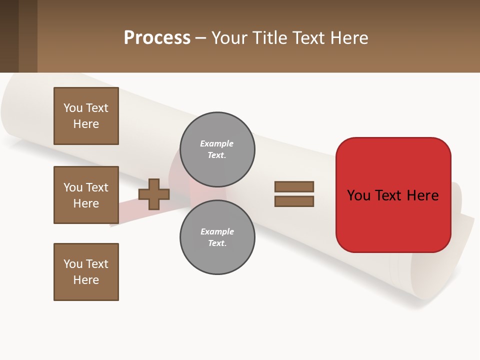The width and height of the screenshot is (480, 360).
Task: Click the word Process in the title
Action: [x=157, y=37]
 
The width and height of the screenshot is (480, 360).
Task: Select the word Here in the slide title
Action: [x=348, y=37]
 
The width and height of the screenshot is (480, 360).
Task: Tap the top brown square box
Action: [x=86, y=116]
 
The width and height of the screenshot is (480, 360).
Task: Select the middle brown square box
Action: [x=86, y=195]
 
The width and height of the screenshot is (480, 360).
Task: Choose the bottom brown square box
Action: [x=86, y=272]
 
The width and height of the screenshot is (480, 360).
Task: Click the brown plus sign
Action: [x=154, y=194]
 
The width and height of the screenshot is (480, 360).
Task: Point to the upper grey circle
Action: [x=217, y=149]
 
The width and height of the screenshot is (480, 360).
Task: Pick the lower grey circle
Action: [x=217, y=237]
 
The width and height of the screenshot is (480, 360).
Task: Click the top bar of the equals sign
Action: [x=294, y=186]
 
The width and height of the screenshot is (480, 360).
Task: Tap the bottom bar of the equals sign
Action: [x=294, y=201]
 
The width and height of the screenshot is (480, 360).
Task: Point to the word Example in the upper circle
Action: [x=216, y=143]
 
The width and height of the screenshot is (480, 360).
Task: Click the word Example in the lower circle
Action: [x=217, y=231]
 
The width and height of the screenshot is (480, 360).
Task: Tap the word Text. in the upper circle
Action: [x=216, y=155]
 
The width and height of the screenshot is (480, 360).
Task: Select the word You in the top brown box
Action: [x=72, y=108]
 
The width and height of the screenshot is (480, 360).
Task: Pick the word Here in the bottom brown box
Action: [x=86, y=280]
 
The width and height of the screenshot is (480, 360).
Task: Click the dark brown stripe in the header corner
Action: [x=9, y=36]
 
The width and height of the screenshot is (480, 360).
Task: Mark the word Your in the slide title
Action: [x=229, y=37]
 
